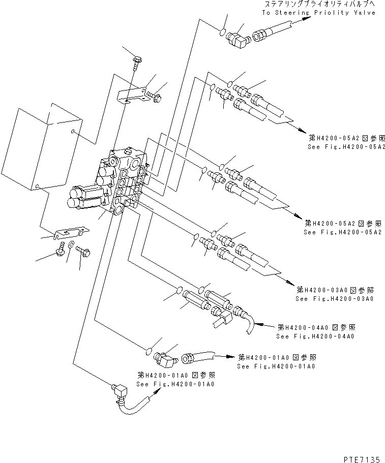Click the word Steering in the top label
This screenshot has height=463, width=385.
(292, 12)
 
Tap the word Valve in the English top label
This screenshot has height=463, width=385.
(365, 12)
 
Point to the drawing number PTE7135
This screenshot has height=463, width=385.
(362, 458)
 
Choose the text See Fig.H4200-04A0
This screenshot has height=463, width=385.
(315, 336)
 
